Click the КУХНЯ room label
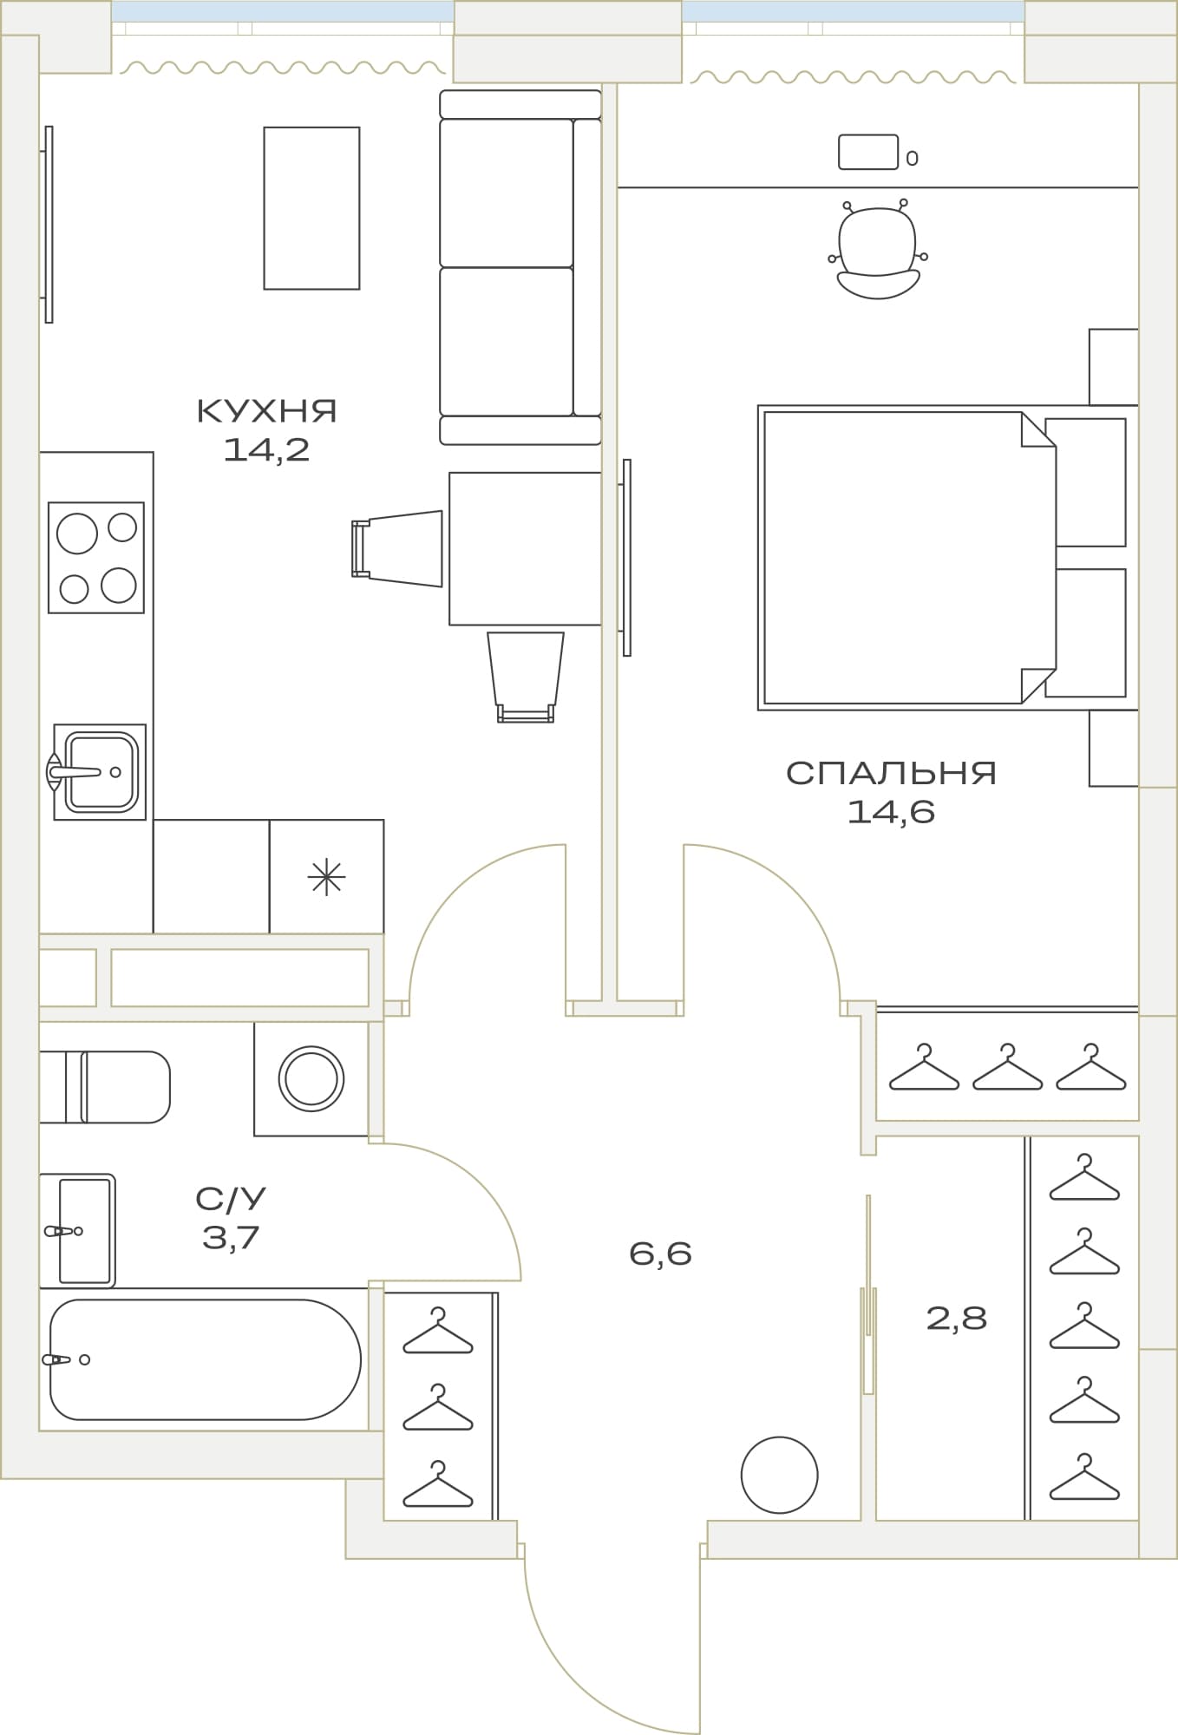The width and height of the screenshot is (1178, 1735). (267, 410)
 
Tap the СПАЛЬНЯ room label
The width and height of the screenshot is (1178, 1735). (891, 773)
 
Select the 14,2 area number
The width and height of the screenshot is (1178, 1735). (266, 449)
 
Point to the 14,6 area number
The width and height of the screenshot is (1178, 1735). (891, 812)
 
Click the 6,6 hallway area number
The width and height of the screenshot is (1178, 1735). (660, 1254)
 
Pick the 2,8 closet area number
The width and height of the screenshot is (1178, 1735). (957, 1319)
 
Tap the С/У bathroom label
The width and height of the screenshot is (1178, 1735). (231, 1199)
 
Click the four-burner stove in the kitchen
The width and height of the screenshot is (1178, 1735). (96, 558)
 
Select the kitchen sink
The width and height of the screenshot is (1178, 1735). (99, 772)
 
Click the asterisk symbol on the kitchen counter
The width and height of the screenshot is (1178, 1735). (326, 878)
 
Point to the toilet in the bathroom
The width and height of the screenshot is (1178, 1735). (105, 1087)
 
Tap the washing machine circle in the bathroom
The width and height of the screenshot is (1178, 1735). (311, 1079)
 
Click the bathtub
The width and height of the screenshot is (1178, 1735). (205, 1359)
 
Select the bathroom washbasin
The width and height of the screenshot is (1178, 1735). (77, 1231)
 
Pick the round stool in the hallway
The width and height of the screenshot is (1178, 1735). (780, 1475)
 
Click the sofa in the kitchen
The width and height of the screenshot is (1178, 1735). (520, 267)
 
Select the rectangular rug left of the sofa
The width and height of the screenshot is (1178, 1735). (311, 208)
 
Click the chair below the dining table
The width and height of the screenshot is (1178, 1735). (526, 677)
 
